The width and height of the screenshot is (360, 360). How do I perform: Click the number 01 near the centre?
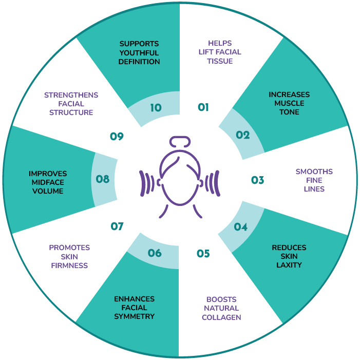point(203,107)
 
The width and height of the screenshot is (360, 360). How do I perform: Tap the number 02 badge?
point(242,136)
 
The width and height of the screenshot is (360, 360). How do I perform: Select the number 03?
point(257,180)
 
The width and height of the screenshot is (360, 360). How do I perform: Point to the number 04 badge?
point(240,226)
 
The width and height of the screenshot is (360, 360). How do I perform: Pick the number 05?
point(203,254)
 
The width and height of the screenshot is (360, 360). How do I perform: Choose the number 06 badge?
point(155,254)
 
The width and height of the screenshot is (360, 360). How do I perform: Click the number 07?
point(117,226)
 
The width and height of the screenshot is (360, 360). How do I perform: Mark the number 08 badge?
point(103,180)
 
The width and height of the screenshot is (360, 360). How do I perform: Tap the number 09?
point(117,136)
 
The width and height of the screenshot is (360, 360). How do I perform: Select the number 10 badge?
point(156,108)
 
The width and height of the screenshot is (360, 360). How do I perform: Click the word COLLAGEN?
point(221,317)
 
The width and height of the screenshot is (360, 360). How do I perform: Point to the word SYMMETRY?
point(134,316)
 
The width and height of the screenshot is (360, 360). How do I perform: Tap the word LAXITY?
point(289,265)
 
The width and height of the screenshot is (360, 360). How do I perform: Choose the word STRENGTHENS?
point(71,95)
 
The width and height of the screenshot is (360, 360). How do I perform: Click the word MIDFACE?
point(48,182)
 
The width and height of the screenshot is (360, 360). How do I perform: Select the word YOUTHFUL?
point(139,52)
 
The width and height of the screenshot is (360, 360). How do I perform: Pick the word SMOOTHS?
point(314,172)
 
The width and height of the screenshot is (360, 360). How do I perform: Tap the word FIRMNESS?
point(69,266)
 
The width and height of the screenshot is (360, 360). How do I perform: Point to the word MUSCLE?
point(289,103)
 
